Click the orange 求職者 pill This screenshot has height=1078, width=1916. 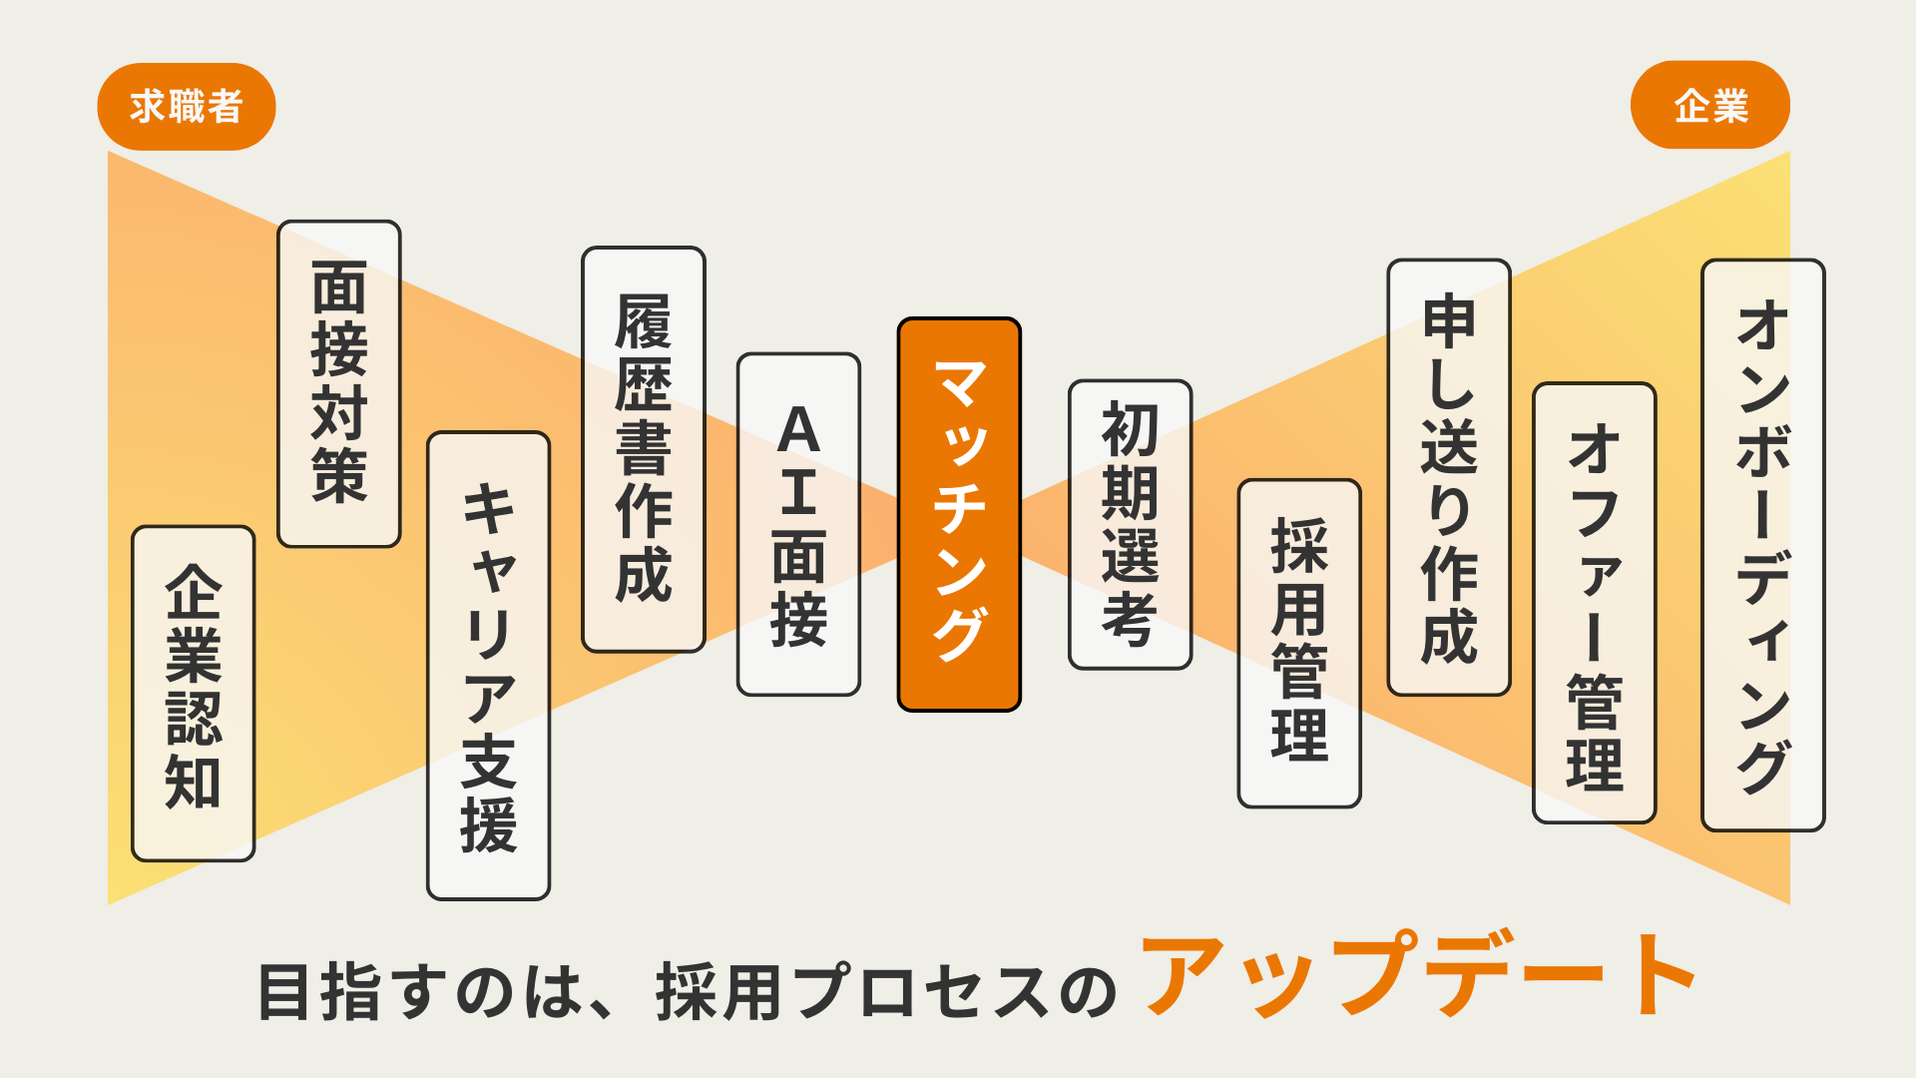(x=187, y=107)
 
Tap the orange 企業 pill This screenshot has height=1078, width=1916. (x=1709, y=106)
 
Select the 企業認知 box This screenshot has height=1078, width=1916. (x=194, y=693)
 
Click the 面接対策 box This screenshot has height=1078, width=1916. (x=339, y=383)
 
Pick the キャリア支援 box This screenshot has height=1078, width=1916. (x=489, y=666)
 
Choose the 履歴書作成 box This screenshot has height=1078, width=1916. (x=644, y=449)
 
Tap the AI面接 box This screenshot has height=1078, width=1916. (x=798, y=524)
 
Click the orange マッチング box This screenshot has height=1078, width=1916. (x=959, y=514)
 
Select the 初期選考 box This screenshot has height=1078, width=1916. (x=1130, y=524)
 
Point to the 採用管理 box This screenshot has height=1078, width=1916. (x=1299, y=643)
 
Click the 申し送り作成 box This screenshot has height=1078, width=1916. (x=1449, y=477)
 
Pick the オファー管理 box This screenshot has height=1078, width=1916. (x=1595, y=603)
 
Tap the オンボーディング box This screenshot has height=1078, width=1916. (x=1763, y=545)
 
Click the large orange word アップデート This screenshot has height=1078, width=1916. (x=1417, y=975)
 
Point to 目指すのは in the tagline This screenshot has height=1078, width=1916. (x=419, y=992)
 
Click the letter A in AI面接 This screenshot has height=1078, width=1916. (x=798, y=431)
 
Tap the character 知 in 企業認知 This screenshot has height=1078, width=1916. (x=194, y=781)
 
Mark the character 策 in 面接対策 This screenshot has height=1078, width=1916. (x=339, y=475)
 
